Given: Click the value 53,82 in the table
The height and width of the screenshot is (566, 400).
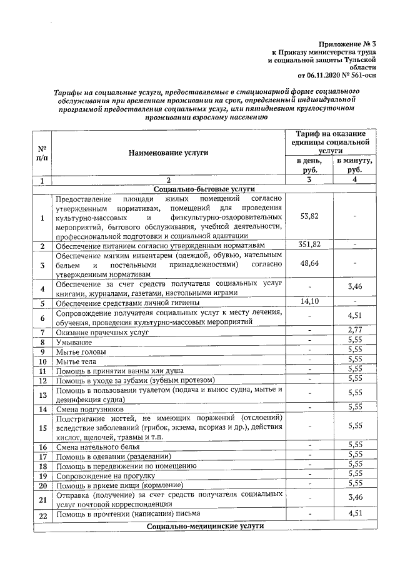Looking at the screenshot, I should click(x=309, y=216).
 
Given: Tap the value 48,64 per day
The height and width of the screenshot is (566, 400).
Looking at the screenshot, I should click(x=309, y=264).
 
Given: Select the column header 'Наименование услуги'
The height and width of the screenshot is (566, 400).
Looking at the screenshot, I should click(x=168, y=152).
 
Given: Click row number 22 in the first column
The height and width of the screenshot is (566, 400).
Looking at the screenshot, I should click(x=42, y=514).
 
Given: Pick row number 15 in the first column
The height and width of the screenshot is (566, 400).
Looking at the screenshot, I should click(x=42, y=428).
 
